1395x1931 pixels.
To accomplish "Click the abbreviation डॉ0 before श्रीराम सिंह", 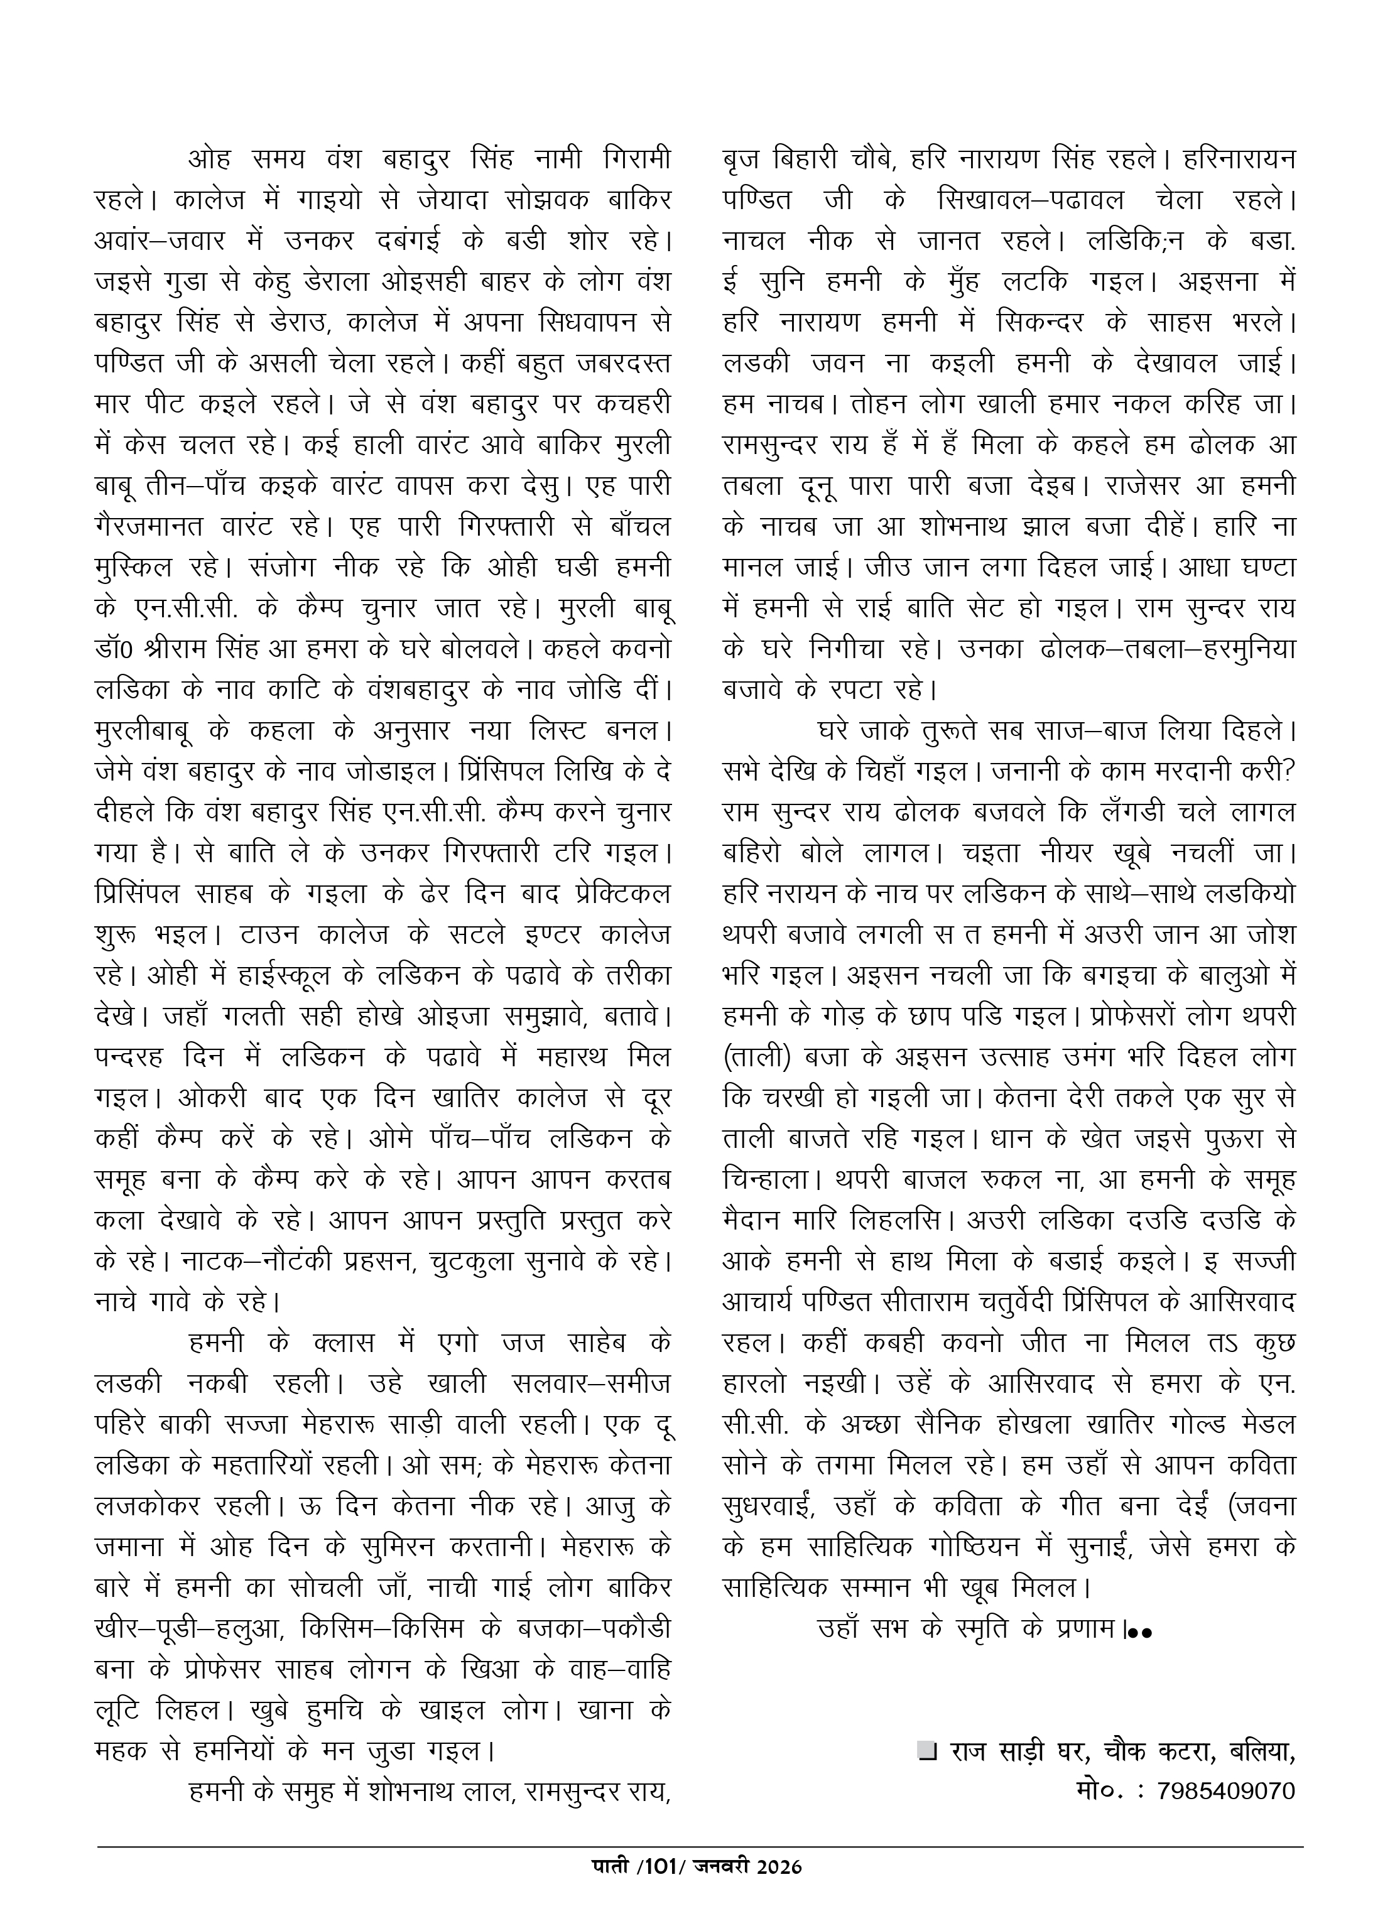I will [115, 649].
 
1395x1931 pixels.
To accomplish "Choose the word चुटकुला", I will [483, 1261].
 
